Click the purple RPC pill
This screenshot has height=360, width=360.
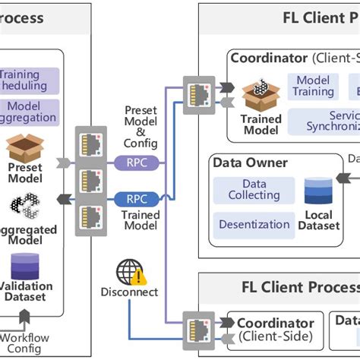click(x=137, y=161)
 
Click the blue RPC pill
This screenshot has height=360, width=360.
click(x=137, y=199)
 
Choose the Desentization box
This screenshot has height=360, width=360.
click(x=254, y=224)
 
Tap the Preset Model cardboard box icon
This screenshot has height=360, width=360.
click(x=24, y=150)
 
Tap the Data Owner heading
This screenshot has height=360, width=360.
click(x=250, y=163)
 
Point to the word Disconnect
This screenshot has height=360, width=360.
click(x=129, y=292)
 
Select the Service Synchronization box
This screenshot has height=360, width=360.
click(x=327, y=120)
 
